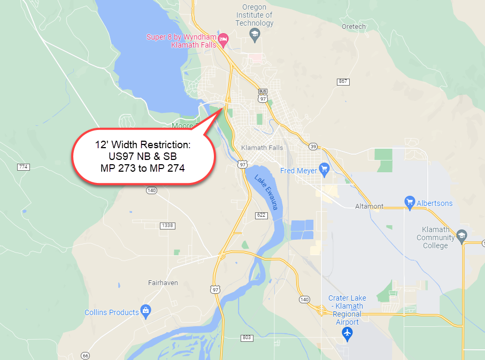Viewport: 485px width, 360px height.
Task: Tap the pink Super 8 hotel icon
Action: click(x=224, y=39)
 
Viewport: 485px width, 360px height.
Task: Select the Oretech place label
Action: click(x=354, y=26)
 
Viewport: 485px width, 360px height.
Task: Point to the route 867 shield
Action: click(x=343, y=81)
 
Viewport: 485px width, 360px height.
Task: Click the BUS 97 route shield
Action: click(x=263, y=96)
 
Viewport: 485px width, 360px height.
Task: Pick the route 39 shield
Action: click(x=313, y=147)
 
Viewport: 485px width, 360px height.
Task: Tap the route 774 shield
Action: click(x=23, y=167)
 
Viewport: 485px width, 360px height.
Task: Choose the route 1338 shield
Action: click(x=168, y=226)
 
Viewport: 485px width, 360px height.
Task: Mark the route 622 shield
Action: click(x=260, y=215)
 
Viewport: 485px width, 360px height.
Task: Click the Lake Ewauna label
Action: click(x=266, y=192)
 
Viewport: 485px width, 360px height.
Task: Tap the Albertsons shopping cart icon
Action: click(x=410, y=203)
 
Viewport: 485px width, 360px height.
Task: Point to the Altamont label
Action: click(x=369, y=206)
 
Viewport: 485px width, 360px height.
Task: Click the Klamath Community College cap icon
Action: click(x=462, y=235)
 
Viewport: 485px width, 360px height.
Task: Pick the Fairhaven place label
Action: click(x=163, y=282)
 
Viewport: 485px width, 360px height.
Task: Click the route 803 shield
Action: click(x=247, y=338)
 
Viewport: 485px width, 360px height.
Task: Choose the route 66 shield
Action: click(x=85, y=356)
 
